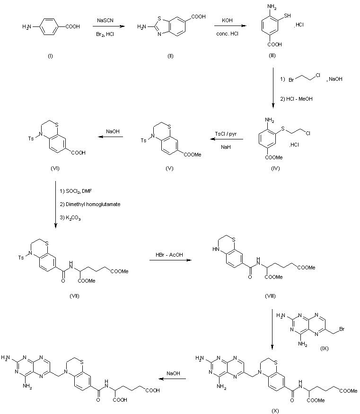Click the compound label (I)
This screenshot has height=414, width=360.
pyautogui.click(x=50, y=56)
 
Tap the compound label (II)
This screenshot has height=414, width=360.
pyautogui.click(x=170, y=56)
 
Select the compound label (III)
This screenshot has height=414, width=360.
pyautogui.click(x=272, y=56)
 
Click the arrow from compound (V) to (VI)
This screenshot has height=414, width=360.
pyautogui.click(x=111, y=138)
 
